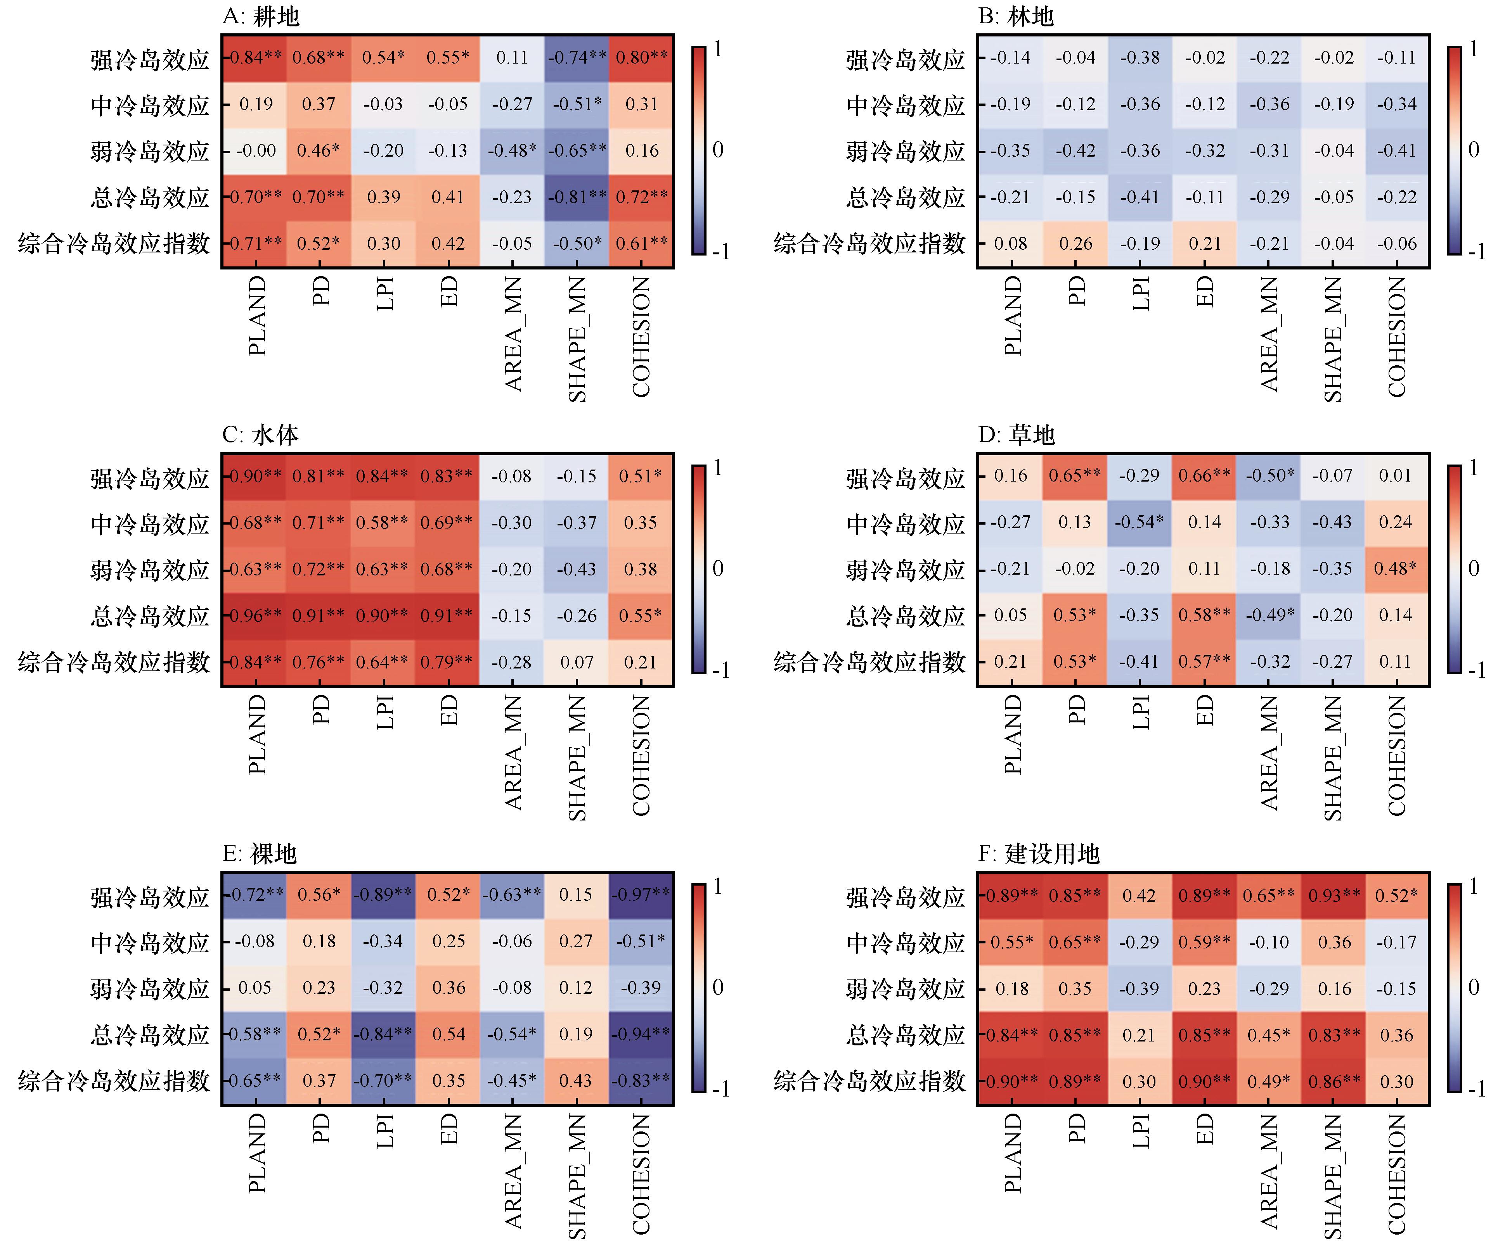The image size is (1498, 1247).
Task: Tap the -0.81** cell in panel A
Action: coord(577,197)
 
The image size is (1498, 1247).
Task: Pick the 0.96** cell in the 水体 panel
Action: coord(255,615)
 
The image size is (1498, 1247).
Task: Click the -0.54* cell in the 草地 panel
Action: coord(1139,522)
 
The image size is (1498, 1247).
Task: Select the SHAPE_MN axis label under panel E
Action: coord(577,1176)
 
